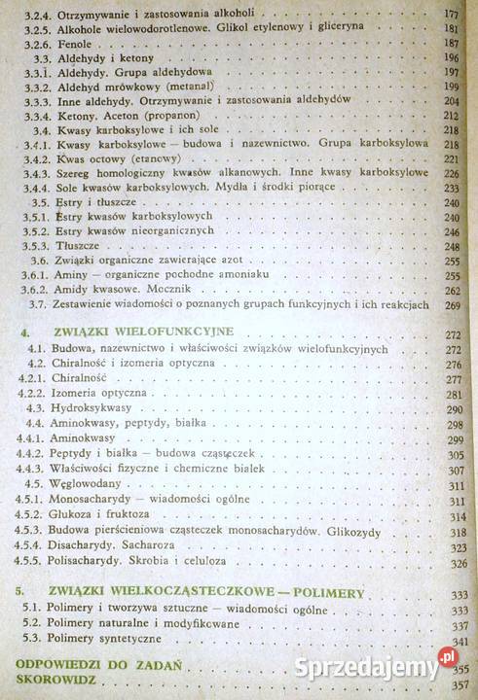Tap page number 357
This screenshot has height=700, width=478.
coord(459,684)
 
